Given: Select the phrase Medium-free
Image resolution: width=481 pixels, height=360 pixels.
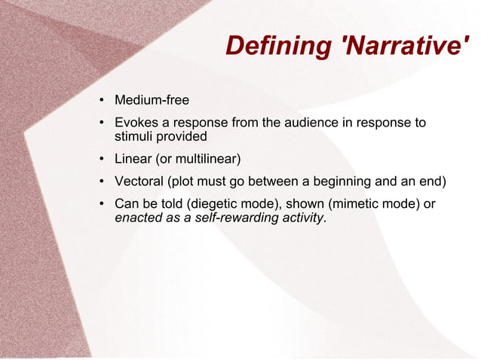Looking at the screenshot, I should [x=151, y=100].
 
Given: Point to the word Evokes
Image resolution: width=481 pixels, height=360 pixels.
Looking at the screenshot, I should [x=134, y=123].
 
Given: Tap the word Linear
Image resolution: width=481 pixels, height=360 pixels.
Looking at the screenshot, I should [x=133, y=159].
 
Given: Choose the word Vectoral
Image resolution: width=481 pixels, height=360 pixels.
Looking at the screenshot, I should [x=138, y=182].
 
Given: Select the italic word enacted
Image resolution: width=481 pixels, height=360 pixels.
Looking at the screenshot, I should [x=136, y=218].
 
